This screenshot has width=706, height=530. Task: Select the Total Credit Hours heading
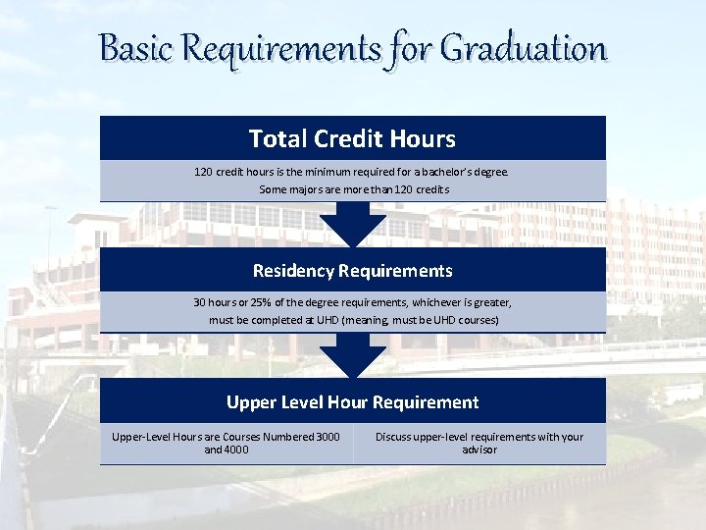[x=352, y=138]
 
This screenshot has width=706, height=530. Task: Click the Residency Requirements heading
[x=352, y=270]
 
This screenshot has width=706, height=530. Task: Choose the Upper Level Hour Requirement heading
[x=352, y=401]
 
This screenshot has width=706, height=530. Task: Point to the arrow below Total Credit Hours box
[x=353, y=225]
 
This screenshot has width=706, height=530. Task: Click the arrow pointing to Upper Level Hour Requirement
[x=353, y=356]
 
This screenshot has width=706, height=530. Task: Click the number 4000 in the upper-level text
[x=234, y=450]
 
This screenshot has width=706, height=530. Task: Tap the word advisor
[x=479, y=450]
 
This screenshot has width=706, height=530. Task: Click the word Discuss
[x=395, y=437]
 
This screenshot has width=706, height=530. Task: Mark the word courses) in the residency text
[x=478, y=321]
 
